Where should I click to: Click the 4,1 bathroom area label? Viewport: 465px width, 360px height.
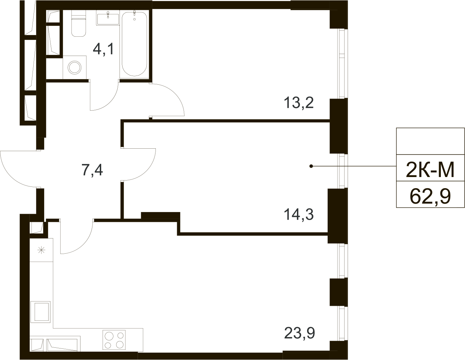tap(103, 49)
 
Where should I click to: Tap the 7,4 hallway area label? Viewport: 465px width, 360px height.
tap(92, 170)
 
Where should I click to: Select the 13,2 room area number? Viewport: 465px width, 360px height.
tap(298, 103)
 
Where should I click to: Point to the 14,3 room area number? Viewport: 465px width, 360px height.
tap(298, 214)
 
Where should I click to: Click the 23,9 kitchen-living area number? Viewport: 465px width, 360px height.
tap(299, 333)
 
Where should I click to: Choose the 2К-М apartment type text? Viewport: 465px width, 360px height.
tap(430, 170)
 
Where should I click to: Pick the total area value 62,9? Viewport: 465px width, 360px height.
tap(430, 196)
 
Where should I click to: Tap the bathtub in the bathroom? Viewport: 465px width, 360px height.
tap(134, 44)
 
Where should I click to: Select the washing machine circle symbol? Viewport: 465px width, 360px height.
tap(74, 67)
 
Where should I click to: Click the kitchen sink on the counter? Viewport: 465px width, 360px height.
tap(41, 311)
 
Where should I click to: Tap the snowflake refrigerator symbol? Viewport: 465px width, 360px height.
tap(41, 250)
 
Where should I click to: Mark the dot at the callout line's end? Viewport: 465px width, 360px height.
tap(311, 166)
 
